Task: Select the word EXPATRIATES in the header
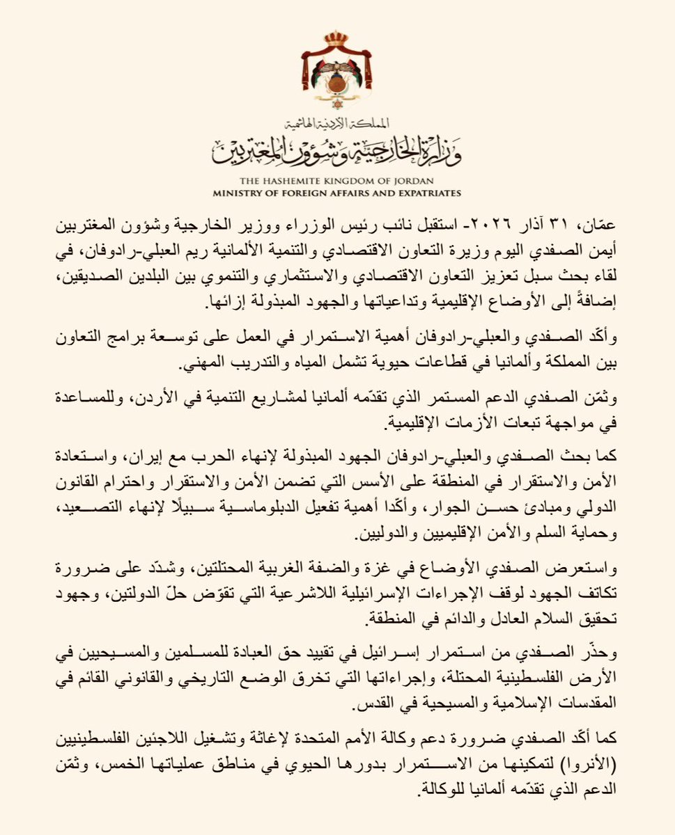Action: click(424, 193)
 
